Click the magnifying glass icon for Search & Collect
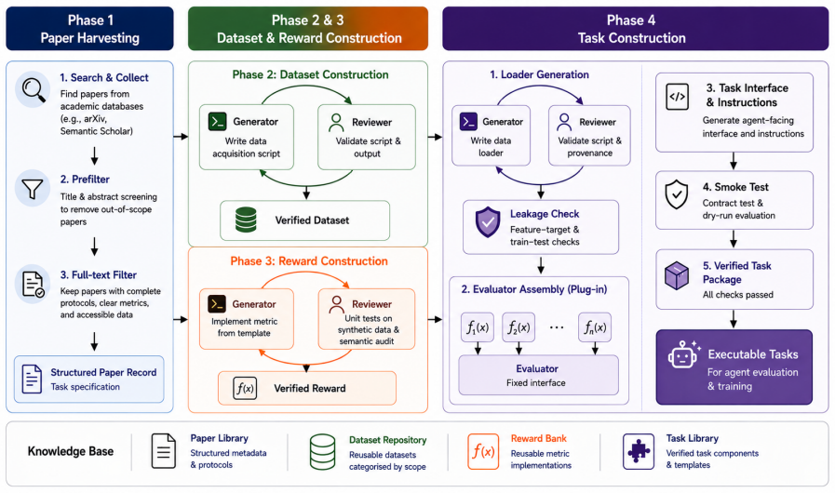(33, 90)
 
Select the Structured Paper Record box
(89, 380)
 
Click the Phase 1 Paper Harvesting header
(89, 29)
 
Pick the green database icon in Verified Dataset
(246, 220)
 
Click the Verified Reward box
(307, 388)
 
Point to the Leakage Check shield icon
(488, 222)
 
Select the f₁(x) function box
(478, 326)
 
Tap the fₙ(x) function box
(595, 326)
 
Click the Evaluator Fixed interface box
(538, 376)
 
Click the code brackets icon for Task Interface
(677, 97)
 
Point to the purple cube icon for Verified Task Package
(677, 275)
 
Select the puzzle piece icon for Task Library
(639, 451)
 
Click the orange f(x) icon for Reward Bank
(483, 451)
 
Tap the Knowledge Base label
(71, 451)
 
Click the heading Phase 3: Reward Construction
(309, 260)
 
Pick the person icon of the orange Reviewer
(336, 304)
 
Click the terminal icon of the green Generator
(217, 121)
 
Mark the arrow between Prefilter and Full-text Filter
(94, 246)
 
